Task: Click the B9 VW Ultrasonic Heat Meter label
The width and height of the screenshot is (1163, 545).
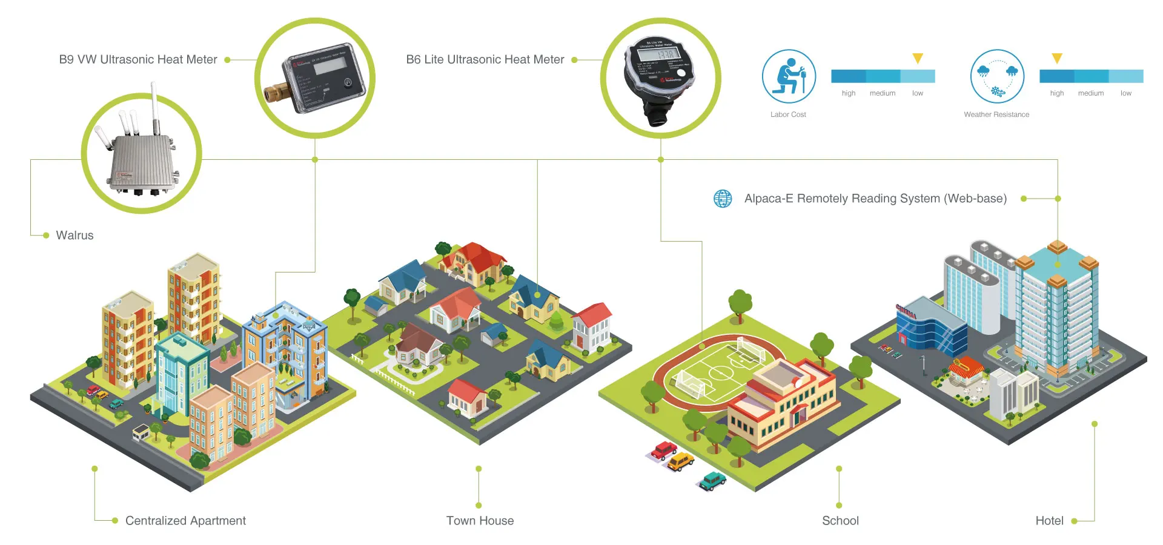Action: (138, 59)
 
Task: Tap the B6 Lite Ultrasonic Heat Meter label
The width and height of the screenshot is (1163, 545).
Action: (485, 59)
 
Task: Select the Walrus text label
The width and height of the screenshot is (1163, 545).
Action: (75, 235)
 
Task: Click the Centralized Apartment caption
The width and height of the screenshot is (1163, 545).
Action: (185, 521)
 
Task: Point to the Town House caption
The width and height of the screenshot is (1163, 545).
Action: (480, 521)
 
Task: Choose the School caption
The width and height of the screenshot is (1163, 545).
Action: (840, 521)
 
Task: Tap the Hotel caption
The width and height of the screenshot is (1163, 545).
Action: (1049, 521)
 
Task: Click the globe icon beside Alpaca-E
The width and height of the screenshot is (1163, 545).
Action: (723, 199)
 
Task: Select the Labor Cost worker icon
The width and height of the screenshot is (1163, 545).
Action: (789, 76)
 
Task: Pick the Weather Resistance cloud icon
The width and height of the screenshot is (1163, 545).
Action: (997, 76)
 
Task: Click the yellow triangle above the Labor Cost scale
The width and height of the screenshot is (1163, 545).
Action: (918, 58)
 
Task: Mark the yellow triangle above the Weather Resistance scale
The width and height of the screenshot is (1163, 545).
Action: (1057, 58)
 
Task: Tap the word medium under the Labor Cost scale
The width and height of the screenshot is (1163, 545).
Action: (883, 93)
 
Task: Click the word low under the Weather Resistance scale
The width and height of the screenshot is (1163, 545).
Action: (1126, 93)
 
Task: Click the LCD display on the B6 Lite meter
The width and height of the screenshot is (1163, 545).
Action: (658, 54)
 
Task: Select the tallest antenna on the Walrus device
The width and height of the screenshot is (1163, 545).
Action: (155, 109)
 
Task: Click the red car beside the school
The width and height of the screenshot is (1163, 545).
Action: (664, 450)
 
